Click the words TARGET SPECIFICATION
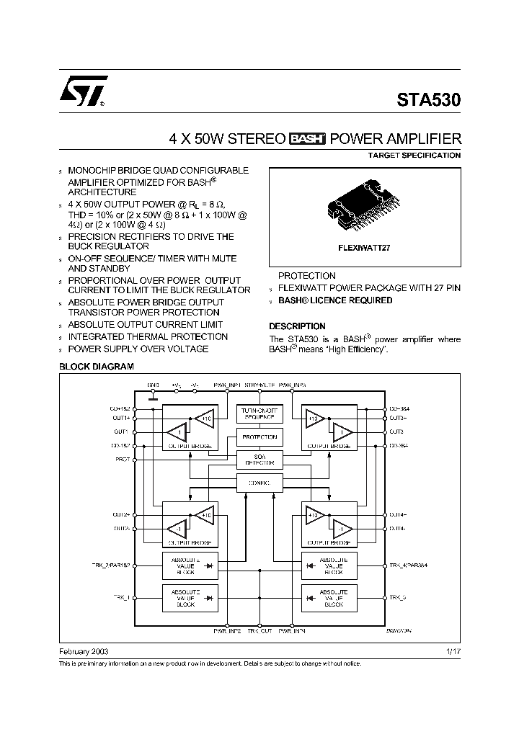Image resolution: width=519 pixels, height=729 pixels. tap(414, 156)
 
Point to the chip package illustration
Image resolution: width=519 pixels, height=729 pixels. tap(364, 207)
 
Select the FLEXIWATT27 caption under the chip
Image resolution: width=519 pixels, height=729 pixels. tap(364, 246)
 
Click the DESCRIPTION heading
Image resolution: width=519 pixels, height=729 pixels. tap(297, 326)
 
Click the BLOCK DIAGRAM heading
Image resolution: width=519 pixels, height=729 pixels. tap(96, 367)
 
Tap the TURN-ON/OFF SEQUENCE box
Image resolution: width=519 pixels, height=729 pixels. tap(259, 413)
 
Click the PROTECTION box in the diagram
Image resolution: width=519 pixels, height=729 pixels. tap(259, 437)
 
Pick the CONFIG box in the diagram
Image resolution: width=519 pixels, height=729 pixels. tap(259, 483)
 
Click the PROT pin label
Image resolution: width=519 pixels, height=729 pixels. tap(121, 459)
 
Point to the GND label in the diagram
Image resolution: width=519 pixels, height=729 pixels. tap(153, 385)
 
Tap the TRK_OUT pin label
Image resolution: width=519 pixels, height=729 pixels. tap(259, 631)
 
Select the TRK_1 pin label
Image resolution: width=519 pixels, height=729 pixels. tap(120, 598)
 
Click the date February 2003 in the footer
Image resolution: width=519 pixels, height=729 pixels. tap(83, 650)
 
